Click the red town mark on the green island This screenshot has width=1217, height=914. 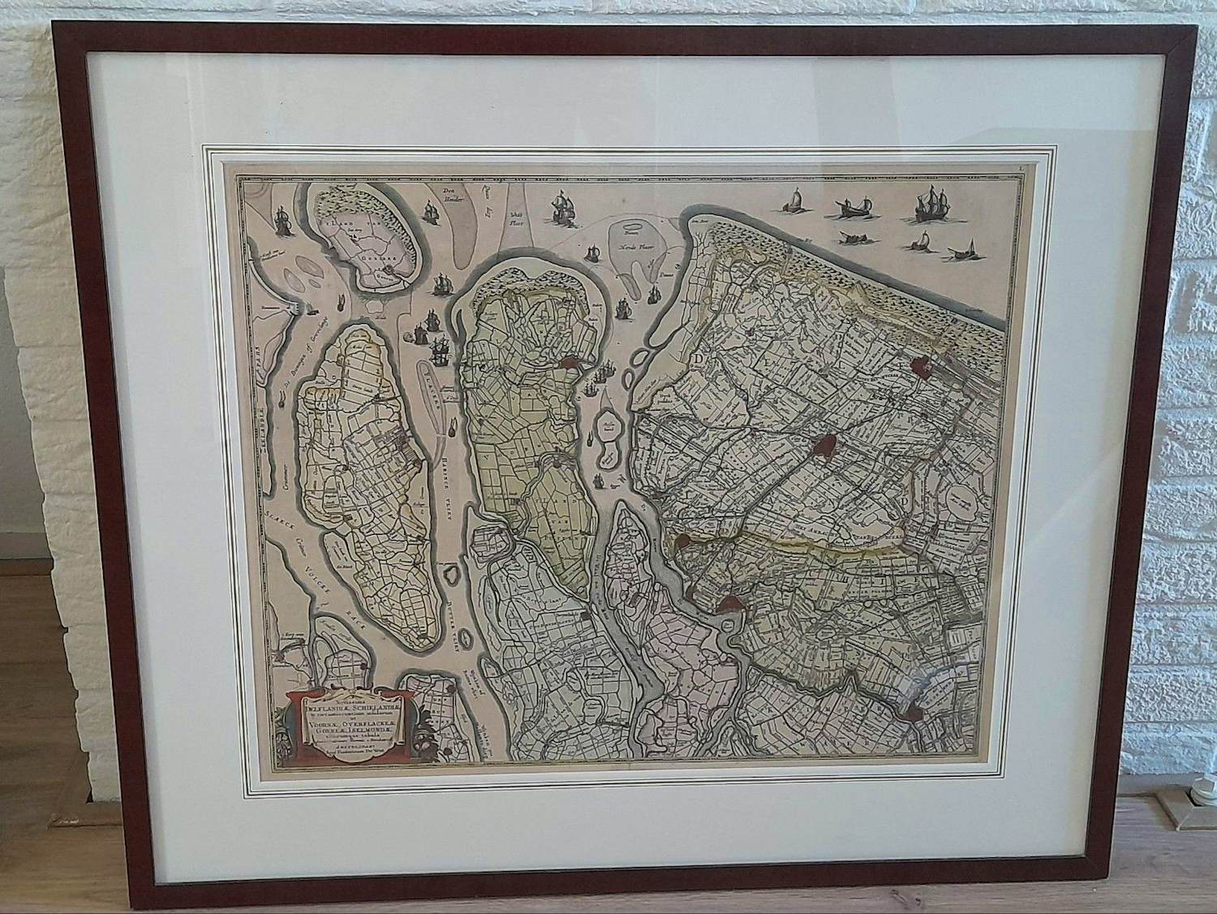(569, 367)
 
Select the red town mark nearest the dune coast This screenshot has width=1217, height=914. (919, 367)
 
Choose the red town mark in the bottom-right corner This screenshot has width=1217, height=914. (910, 714)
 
